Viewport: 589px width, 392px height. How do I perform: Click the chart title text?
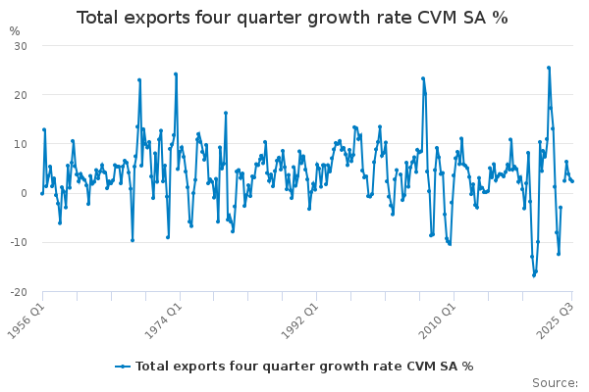[293, 18]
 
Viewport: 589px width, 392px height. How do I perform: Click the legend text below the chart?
[304, 366]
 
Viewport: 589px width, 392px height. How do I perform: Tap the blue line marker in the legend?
[123, 366]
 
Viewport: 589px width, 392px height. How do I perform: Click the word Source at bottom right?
[556, 382]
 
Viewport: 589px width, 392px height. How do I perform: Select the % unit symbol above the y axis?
[15, 31]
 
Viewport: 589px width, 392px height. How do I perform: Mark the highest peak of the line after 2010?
[549, 68]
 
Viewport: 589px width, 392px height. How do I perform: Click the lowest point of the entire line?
[534, 275]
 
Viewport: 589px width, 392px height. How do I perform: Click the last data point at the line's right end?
[572, 181]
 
